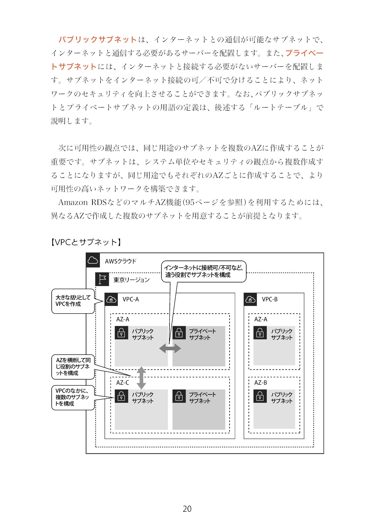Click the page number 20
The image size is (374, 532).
(x=187, y=509)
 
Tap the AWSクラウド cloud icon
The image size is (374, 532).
(x=93, y=260)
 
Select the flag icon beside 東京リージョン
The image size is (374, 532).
(x=102, y=279)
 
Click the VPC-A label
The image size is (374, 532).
(x=131, y=299)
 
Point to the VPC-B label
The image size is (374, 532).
(x=270, y=299)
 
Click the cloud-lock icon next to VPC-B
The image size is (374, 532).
(x=250, y=299)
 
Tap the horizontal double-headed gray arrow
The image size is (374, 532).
(x=170, y=349)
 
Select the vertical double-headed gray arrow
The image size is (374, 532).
(x=141, y=378)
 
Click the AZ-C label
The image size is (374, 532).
(x=123, y=383)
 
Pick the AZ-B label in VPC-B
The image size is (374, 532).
(x=260, y=383)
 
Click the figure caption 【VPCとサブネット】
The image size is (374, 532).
(x=86, y=242)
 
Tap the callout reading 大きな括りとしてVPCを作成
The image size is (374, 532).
(x=73, y=301)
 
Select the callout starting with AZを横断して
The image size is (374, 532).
(x=73, y=367)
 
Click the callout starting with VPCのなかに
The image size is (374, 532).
(x=73, y=398)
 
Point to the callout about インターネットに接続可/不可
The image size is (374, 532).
(x=204, y=271)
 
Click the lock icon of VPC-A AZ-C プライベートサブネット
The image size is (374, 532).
(x=179, y=396)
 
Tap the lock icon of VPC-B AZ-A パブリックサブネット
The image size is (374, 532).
(x=260, y=333)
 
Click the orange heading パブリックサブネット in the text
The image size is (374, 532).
(x=98, y=40)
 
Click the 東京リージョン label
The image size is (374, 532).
(x=132, y=280)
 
